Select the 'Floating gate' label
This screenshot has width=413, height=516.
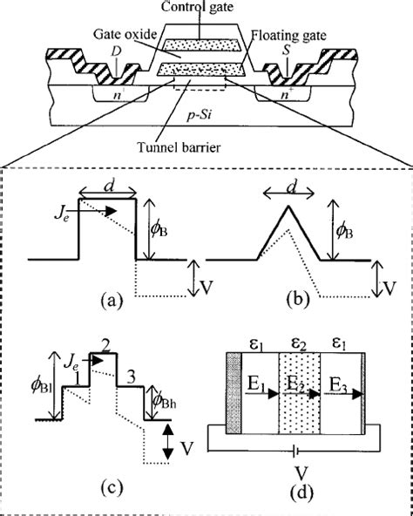tap(288, 35)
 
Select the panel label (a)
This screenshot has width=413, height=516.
tap(112, 301)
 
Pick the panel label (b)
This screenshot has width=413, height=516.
tap(298, 301)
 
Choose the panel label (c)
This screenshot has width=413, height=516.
tap(111, 487)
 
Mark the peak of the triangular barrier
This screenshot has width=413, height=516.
tap(288, 206)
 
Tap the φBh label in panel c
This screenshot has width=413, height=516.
tap(164, 397)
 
